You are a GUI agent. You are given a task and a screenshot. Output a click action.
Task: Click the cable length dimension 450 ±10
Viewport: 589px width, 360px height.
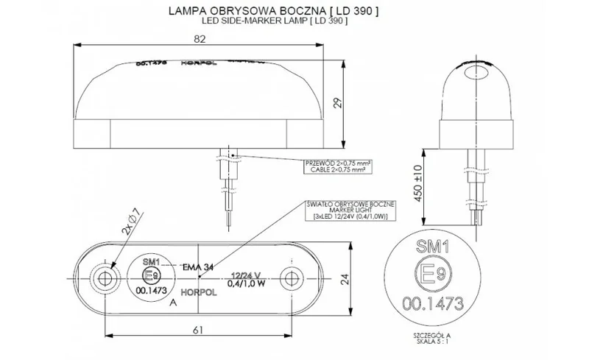(x=417, y=183)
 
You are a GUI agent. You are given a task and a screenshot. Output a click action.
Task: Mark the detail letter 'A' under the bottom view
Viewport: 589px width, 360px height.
(x=173, y=302)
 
